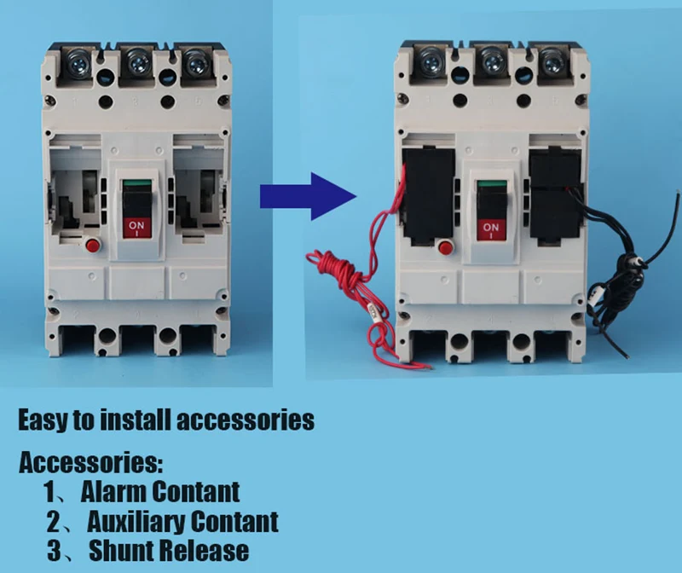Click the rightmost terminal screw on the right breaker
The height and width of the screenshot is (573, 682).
[x=548, y=62]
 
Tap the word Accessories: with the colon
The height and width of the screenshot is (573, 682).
[x=90, y=464]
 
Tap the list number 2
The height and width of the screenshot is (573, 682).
[x=54, y=522]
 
